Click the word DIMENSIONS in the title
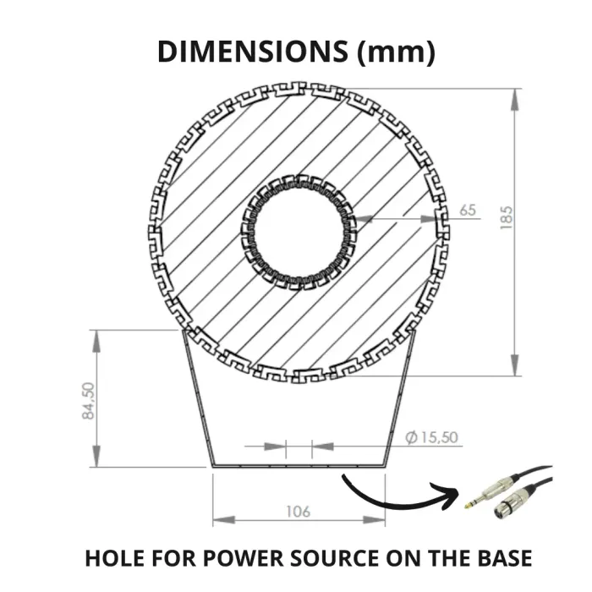252,52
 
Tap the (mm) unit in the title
396,52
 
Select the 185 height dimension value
507,217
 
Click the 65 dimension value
468,211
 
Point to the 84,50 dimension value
89,401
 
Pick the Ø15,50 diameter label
431,437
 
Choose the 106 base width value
299,512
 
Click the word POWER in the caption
244,558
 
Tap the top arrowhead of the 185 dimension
514,99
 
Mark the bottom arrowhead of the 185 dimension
514,365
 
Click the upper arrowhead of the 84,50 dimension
96,342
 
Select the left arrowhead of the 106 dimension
224,520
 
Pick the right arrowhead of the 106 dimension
374,520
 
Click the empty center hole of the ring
299,232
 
